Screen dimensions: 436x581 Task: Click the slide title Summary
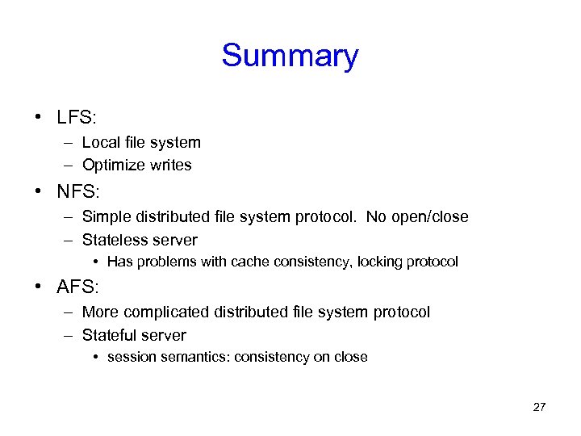290,57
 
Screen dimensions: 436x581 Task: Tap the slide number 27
539,407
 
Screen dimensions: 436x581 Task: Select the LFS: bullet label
77,118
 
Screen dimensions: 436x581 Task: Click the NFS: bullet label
77,192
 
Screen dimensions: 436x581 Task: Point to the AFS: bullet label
77,287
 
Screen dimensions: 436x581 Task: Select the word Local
101,143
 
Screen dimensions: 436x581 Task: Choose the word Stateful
109,335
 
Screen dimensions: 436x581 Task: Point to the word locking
384,262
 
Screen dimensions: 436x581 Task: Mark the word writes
170,166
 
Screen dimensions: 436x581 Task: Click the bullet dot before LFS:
38,118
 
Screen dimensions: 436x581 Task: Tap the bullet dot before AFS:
38,287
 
